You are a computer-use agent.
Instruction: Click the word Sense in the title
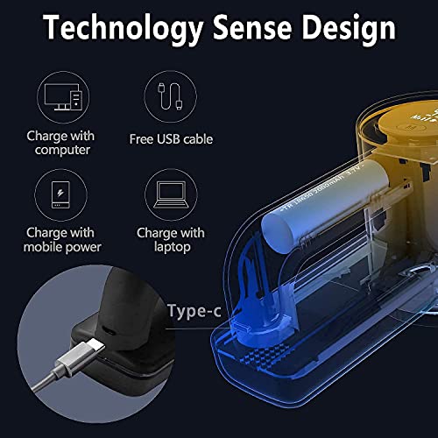(x=250, y=28)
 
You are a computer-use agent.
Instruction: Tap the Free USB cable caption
(x=170, y=138)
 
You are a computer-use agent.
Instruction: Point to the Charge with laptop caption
(x=170, y=239)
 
